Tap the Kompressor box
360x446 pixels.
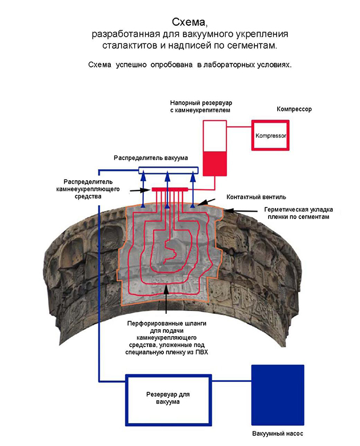tap(270, 136)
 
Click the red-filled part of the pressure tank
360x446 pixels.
tap(215, 162)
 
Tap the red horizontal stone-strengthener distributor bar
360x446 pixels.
tap(170, 189)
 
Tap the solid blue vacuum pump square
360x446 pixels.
tap(278, 393)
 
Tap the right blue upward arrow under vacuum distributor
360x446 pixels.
tap(193, 183)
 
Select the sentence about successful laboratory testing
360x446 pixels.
tap(181, 65)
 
